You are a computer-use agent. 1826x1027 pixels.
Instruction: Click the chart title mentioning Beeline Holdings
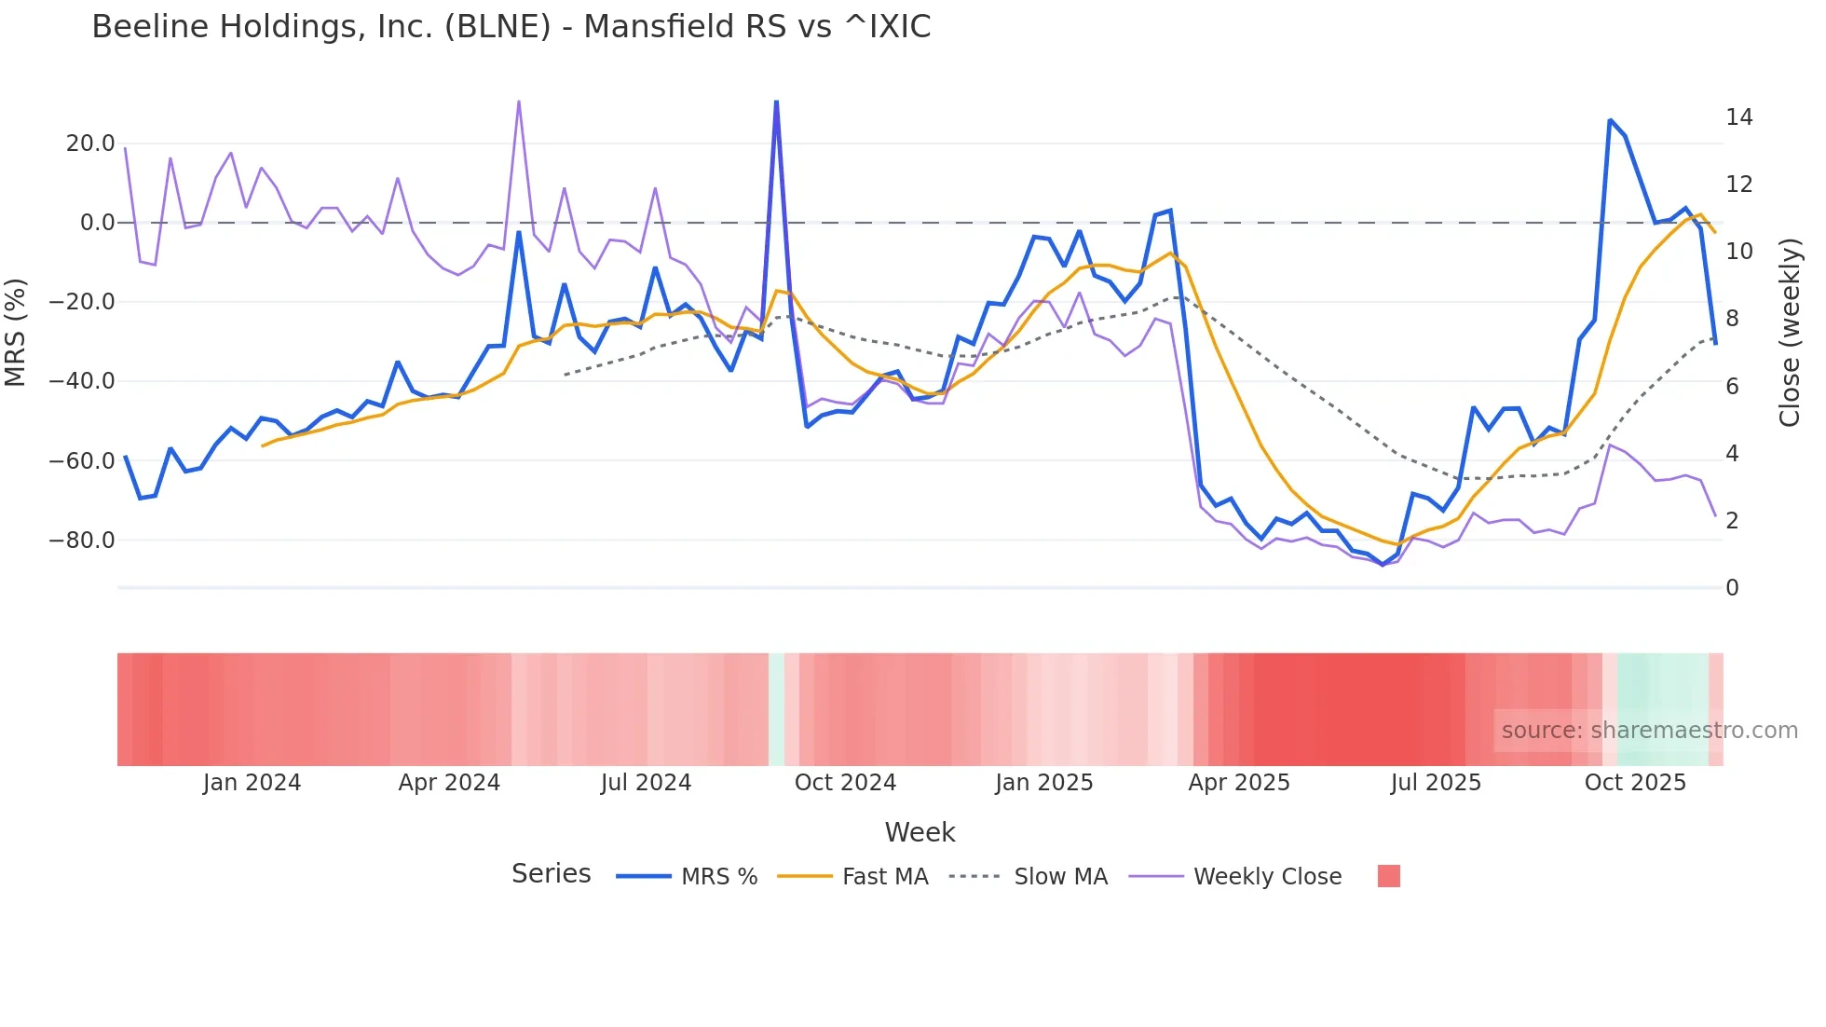[511, 27]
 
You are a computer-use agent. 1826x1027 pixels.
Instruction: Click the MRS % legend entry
[718, 877]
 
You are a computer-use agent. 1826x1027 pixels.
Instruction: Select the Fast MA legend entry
[884, 877]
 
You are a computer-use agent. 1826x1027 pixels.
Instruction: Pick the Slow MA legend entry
[1060, 877]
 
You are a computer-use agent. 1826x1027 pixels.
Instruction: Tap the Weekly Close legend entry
[1267, 877]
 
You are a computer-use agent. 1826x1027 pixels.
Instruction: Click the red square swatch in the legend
[1388, 876]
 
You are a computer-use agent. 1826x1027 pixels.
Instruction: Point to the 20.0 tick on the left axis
[90, 144]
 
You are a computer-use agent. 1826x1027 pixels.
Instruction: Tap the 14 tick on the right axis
[1738, 117]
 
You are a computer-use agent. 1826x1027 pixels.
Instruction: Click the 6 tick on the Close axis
[1732, 387]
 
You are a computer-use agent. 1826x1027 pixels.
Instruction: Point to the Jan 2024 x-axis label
[252, 783]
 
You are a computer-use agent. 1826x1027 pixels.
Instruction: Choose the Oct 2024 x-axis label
[845, 783]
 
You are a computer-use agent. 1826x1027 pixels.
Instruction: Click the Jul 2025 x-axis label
[1436, 783]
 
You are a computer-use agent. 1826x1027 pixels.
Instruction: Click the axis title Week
[920, 832]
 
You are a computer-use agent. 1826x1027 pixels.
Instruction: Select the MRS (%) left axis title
[16, 333]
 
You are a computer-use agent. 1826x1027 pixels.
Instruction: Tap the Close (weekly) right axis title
[1790, 333]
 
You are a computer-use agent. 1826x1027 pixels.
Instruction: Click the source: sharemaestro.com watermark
[1649, 731]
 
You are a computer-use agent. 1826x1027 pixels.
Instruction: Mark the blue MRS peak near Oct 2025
[1610, 120]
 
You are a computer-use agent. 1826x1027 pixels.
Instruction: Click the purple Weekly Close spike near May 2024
[519, 102]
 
